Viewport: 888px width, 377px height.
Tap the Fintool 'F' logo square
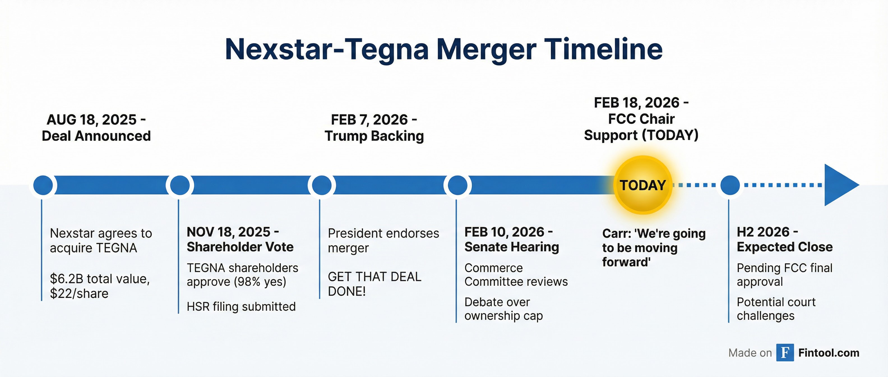(x=785, y=353)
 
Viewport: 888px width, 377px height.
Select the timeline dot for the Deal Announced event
(x=43, y=185)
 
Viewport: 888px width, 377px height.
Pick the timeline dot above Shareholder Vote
(x=180, y=185)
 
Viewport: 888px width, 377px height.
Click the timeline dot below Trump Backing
(x=321, y=185)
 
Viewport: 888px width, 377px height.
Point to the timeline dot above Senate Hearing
(x=457, y=185)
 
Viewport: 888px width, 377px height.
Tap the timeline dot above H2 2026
(x=730, y=185)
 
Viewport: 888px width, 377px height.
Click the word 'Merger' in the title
(x=486, y=49)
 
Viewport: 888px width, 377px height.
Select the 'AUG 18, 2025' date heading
(x=92, y=120)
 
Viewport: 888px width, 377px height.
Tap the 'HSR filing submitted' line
(x=241, y=306)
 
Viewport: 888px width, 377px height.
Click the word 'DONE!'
(x=346, y=291)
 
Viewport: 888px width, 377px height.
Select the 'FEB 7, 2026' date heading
(x=369, y=120)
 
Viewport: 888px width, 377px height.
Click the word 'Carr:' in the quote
(x=616, y=233)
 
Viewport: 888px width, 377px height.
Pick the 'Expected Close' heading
(x=785, y=247)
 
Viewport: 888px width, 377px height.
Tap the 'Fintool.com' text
(x=829, y=353)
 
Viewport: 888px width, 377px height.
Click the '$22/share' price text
(x=79, y=293)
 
